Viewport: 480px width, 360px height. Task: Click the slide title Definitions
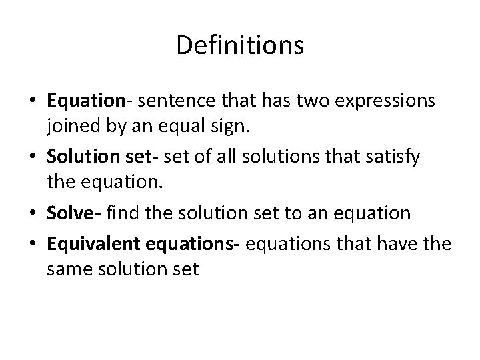[240, 45]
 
